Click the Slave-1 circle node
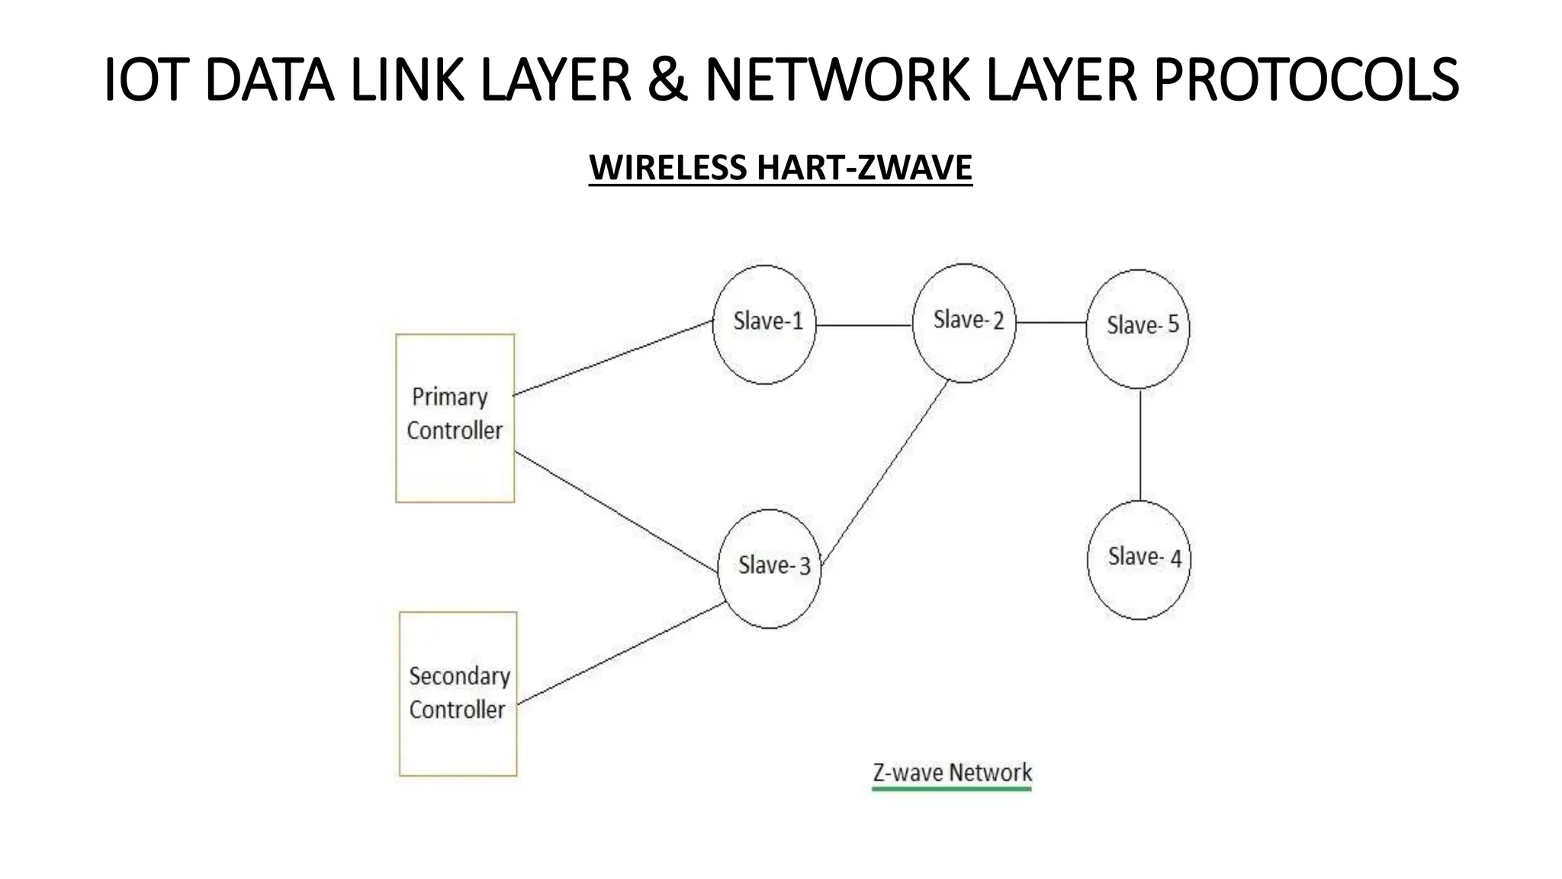pyautogui.click(x=764, y=324)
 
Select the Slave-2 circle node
pyautogui.click(x=964, y=323)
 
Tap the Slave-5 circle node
pyautogui.click(x=1138, y=329)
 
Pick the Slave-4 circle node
pyautogui.click(x=1139, y=560)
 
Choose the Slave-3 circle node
pyautogui.click(x=770, y=569)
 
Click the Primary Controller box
pyautogui.click(x=455, y=418)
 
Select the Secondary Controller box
pyautogui.click(x=458, y=694)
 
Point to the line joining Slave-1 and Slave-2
pyautogui.click(x=864, y=325)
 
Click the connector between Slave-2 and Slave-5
pyautogui.click(x=1051, y=323)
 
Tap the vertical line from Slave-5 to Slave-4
pyautogui.click(x=1140, y=445)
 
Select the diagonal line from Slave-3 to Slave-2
pyautogui.click(x=885, y=473)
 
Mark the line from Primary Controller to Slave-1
pyautogui.click(x=613, y=358)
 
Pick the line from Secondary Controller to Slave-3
pyautogui.click(x=622, y=653)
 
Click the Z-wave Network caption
pyautogui.click(x=952, y=772)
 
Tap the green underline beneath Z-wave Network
pyautogui.click(x=952, y=789)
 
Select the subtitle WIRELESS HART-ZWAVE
pyautogui.click(x=780, y=168)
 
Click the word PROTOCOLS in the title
pyautogui.click(x=1306, y=79)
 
